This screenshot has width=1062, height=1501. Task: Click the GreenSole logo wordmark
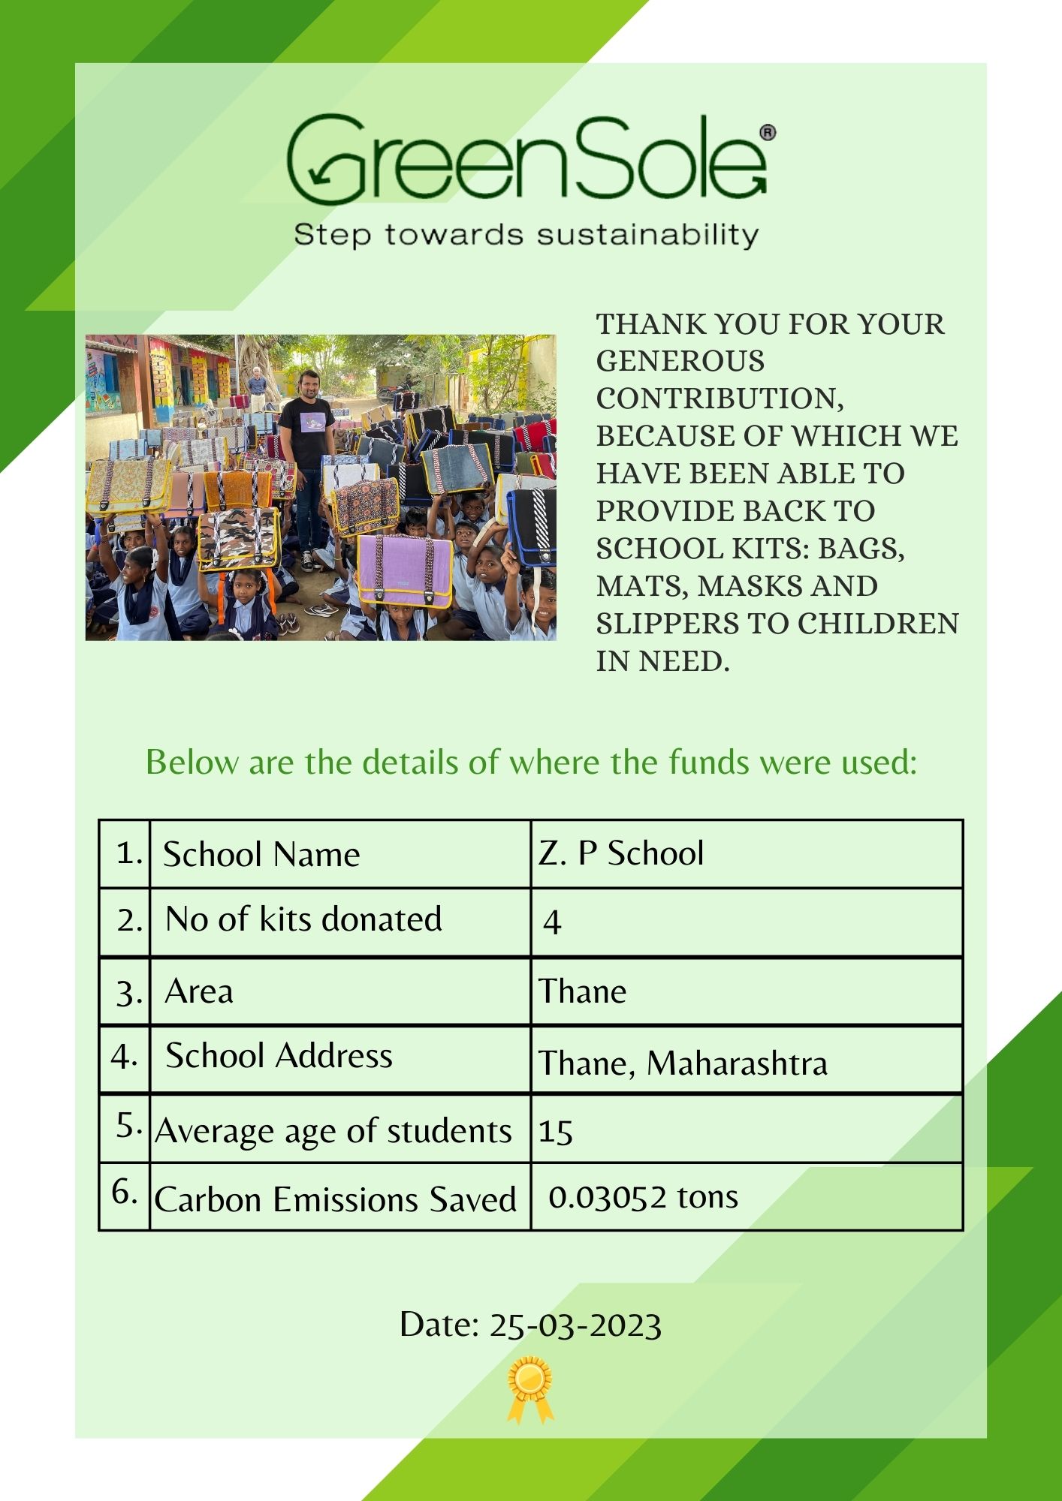point(526,160)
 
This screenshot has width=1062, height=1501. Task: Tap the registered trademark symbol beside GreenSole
point(768,134)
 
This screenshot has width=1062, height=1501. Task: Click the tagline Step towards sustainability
point(526,235)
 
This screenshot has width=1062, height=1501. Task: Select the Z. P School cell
point(621,853)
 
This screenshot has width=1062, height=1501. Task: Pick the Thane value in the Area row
point(582,991)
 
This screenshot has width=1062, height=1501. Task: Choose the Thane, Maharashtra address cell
point(682,1063)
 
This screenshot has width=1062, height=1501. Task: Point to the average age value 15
point(556,1131)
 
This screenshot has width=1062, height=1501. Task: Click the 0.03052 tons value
point(643,1197)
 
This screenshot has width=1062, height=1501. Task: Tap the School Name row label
point(261,854)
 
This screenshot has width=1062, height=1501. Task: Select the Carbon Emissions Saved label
point(335,1199)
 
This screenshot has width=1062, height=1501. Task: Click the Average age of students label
point(333,1131)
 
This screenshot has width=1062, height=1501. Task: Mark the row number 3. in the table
point(128,993)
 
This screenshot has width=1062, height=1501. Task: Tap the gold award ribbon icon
point(529,1389)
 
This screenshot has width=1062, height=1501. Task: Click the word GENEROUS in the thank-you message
point(680,361)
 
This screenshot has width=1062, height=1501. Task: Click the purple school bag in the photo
point(405,570)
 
